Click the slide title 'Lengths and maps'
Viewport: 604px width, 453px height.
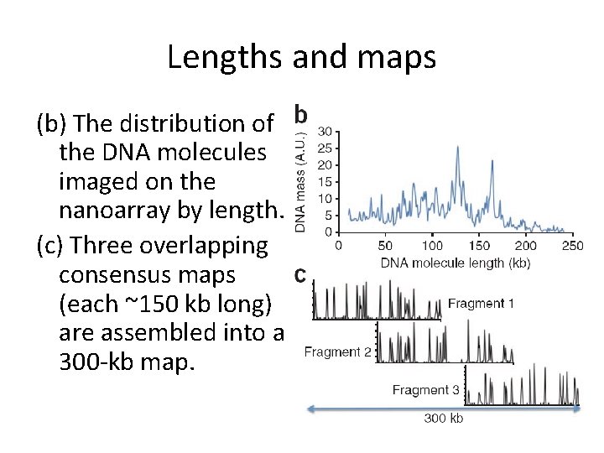(x=301, y=57)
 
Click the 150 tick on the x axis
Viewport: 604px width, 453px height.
(x=478, y=246)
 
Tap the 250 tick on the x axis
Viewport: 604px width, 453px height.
(x=572, y=246)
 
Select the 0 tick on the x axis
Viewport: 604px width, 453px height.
(x=338, y=246)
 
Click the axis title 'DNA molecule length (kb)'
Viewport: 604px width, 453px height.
(x=455, y=263)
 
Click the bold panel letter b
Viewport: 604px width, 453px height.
(x=301, y=114)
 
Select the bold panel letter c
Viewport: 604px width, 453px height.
(x=298, y=275)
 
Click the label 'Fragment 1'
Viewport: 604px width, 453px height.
(x=481, y=303)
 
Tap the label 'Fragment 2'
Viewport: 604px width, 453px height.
(x=337, y=352)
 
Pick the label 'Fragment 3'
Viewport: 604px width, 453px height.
(x=425, y=390)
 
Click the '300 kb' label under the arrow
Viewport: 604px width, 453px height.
(x=443, y=419)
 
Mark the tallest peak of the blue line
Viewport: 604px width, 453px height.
(x=457, y=148)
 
